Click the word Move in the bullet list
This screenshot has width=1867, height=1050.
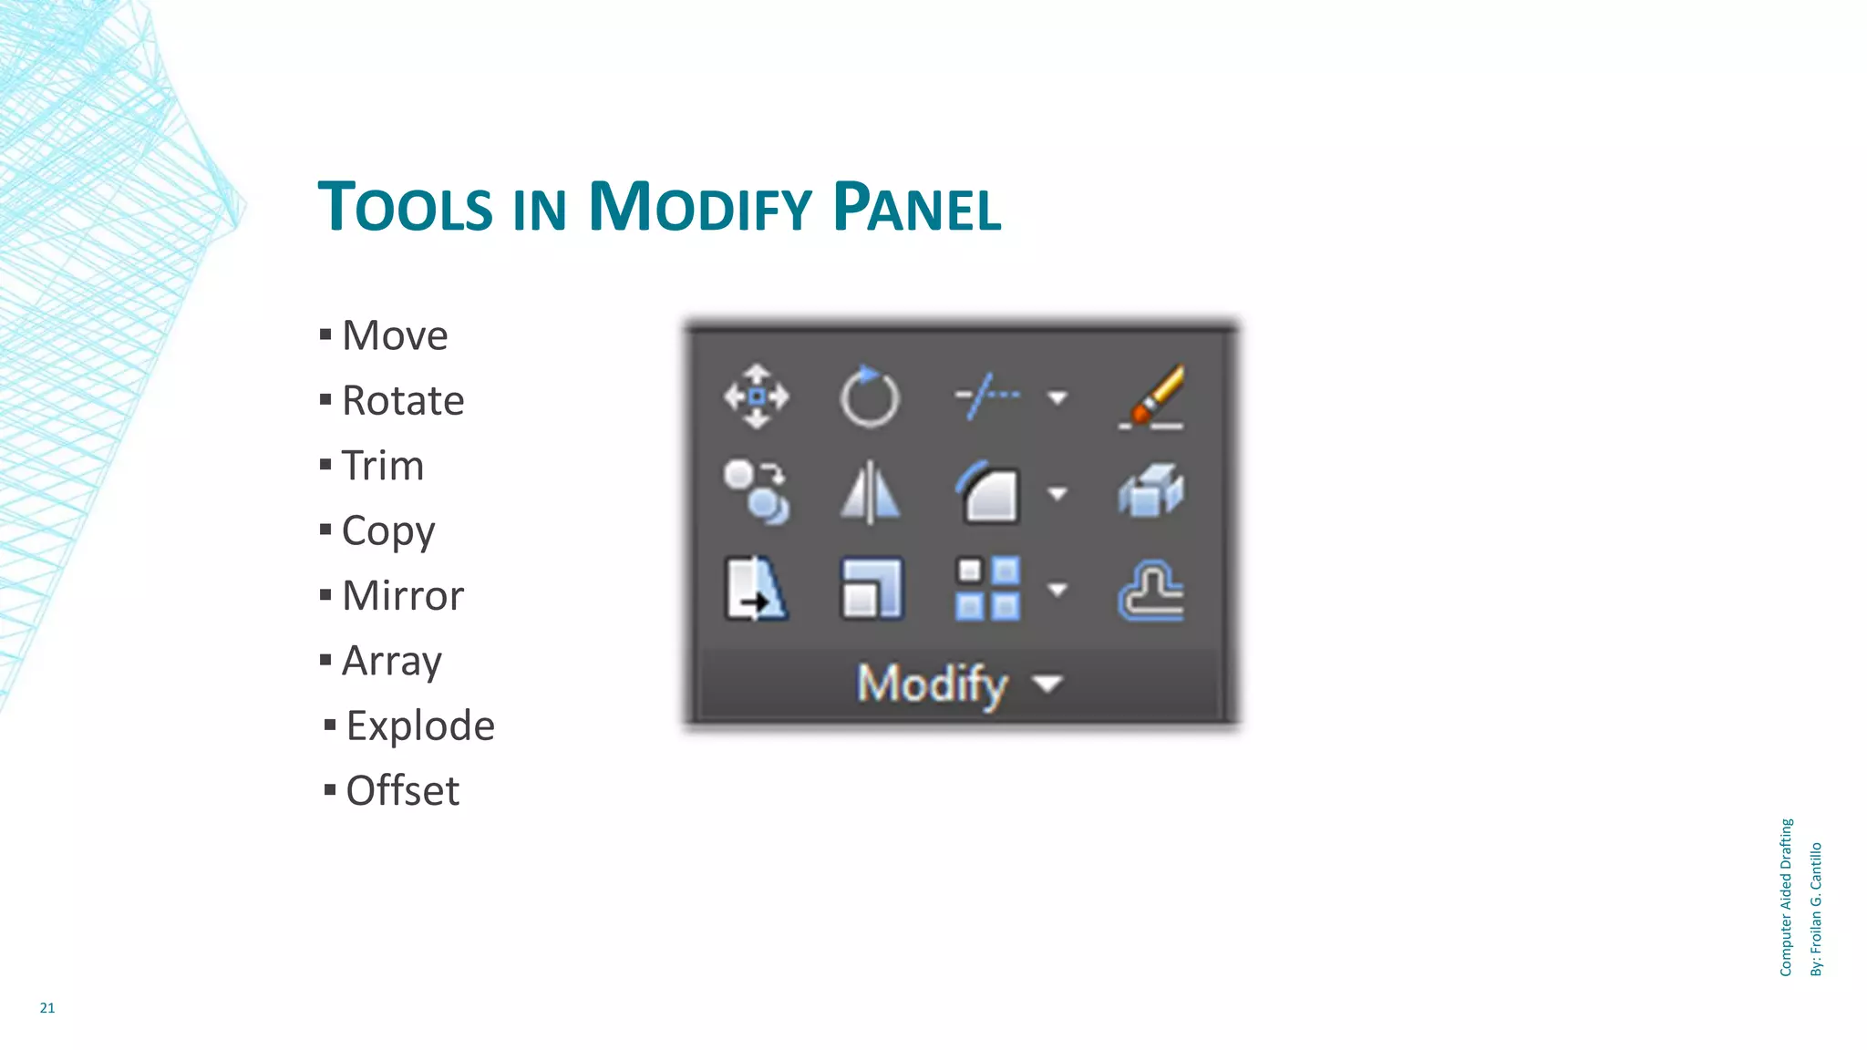[394, 335]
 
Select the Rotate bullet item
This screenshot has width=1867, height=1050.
[402, 401]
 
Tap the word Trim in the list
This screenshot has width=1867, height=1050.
[382, 466]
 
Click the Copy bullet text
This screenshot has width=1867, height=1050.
[387, 530]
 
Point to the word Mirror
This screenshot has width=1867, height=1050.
[402, 596]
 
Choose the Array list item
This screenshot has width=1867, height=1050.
[391, 661]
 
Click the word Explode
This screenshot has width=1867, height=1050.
[419, 726]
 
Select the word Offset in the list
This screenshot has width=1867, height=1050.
[402, 791]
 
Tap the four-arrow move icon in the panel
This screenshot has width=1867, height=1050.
[756, 396]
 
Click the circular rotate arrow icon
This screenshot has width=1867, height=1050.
[869, 397]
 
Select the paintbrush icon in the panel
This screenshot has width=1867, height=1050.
[1152, 397]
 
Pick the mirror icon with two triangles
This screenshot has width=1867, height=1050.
[870, 493]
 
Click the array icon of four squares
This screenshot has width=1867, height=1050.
[987, 589]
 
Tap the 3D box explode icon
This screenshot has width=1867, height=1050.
[1150, 492]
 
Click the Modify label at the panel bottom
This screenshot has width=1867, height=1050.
[932, 684]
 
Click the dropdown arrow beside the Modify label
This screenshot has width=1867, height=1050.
[1048, 684]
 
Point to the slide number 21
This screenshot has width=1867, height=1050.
[47, 1008]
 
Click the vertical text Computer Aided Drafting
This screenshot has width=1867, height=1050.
[1786, 898]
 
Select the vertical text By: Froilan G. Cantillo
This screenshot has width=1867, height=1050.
[1816, 910]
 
